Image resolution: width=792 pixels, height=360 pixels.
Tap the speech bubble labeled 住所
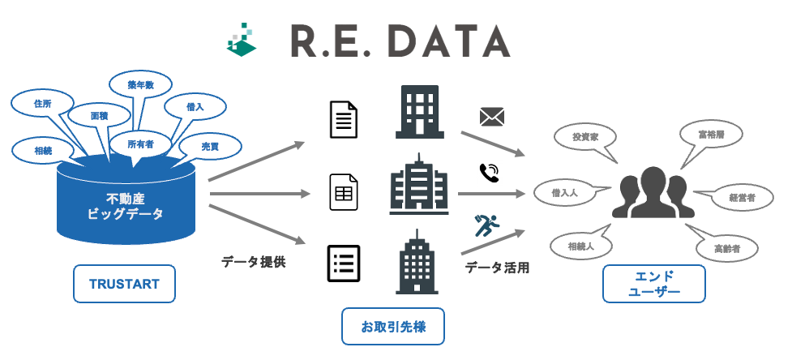coord(43,105)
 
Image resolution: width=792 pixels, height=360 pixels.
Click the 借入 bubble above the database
coord(195,106)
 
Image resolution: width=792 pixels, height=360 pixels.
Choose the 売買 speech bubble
coord(210,147)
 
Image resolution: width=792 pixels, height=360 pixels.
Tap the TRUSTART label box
coord(124,284)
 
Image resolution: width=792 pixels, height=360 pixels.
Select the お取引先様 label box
coord(393,328)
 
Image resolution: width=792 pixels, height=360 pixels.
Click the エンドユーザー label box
coord(653,284)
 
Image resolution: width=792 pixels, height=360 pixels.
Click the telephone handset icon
coord(489,173)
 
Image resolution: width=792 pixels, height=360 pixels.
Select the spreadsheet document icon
coord(344,193)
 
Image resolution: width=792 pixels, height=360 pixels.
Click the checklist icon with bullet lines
coord(344,262)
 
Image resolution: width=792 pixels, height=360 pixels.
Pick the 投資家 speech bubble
coord(584,138)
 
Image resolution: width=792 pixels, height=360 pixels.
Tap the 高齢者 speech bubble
coord(726,246)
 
